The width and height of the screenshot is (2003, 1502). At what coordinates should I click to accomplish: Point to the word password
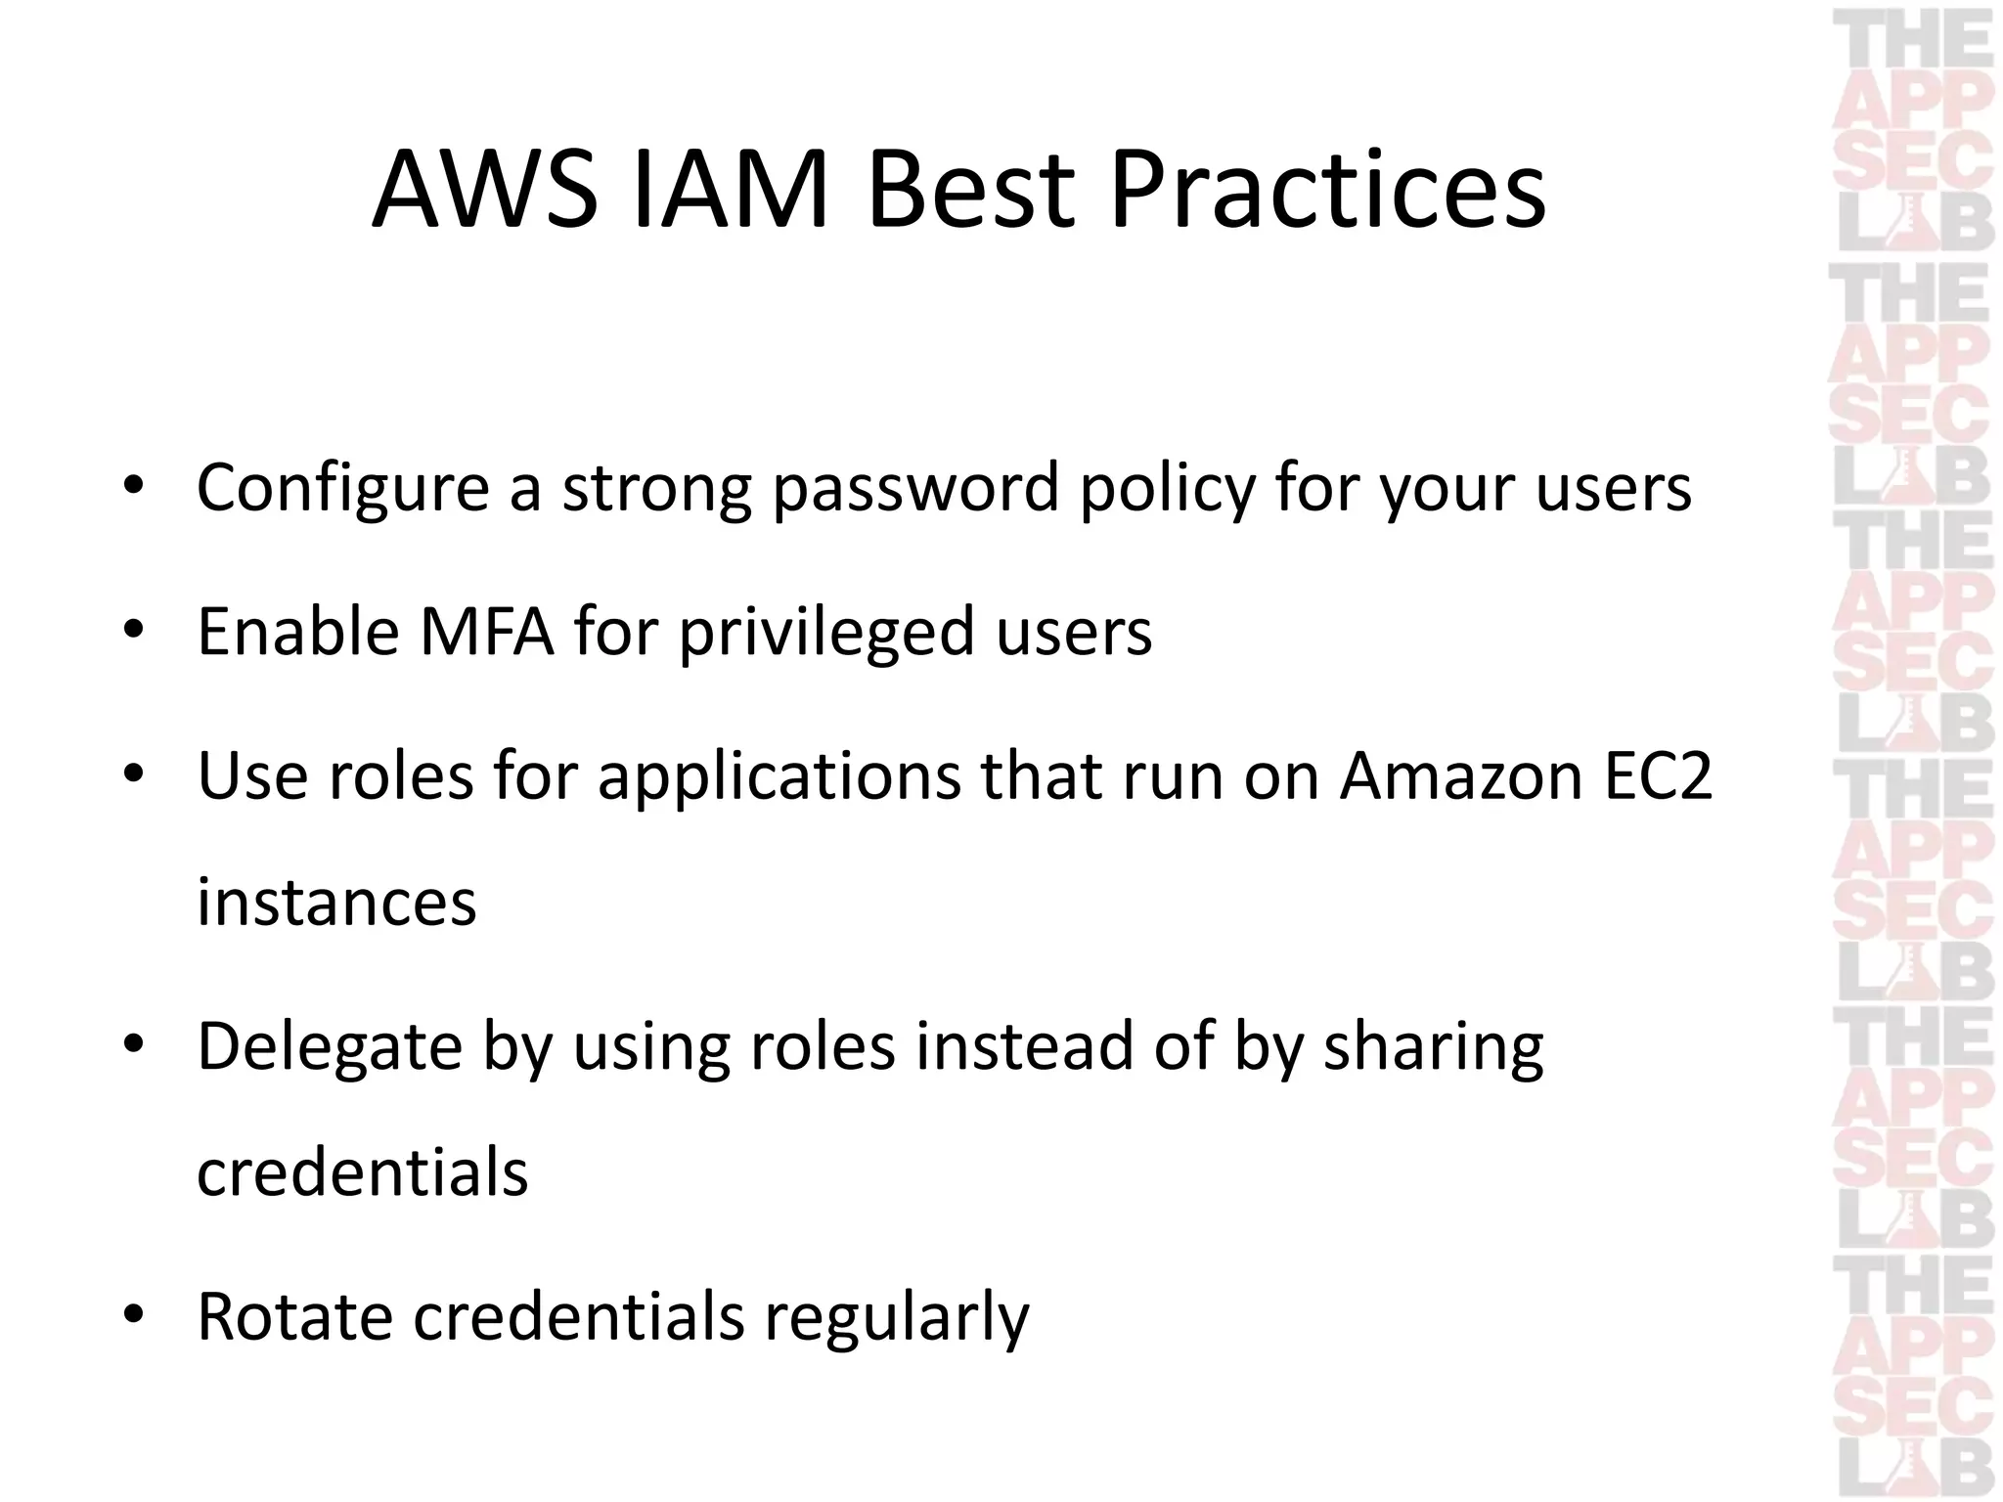(x=915, y=488)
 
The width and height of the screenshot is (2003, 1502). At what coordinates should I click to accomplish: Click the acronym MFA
(x=486, y=632)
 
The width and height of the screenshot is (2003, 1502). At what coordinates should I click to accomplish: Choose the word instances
(x=336, y=902)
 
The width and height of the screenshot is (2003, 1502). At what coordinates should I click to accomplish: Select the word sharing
(x=1433, y=1047)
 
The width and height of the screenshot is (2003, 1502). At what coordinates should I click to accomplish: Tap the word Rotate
(x=294, y=1317)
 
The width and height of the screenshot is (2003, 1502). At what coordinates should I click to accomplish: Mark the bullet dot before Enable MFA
(x=134, y=630)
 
